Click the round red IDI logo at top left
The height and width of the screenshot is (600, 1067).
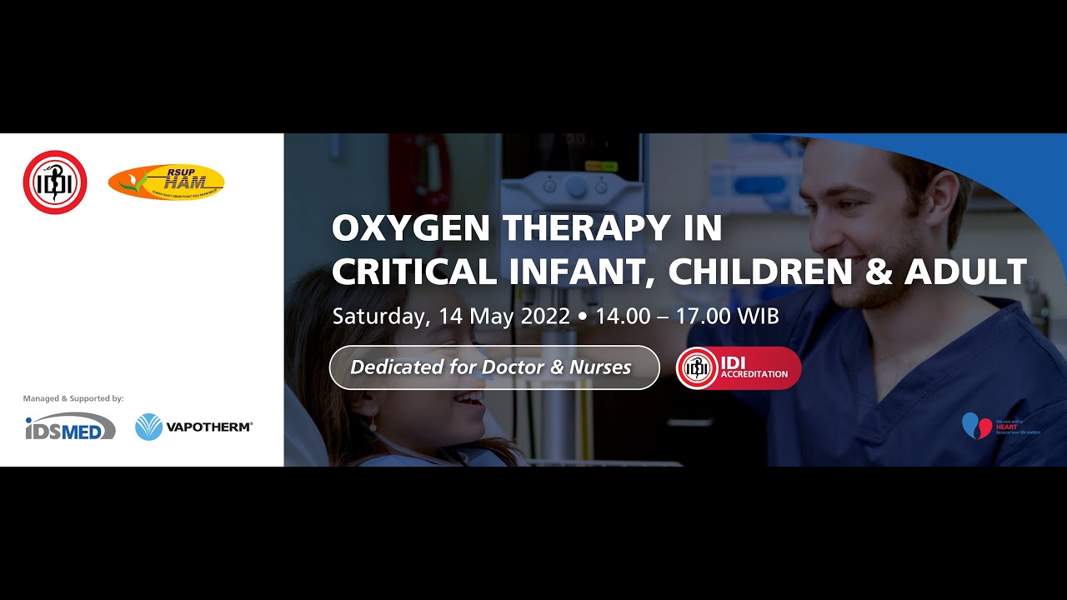click(x=55, y=182)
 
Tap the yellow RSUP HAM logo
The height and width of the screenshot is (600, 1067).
click(x=167, y=182)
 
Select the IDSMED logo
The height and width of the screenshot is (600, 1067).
click(x=70, y=427)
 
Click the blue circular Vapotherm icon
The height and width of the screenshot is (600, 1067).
click(x=148, y=427)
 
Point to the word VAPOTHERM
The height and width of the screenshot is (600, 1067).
click(x=209, y=427)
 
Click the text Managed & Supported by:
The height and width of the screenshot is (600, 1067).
click(x=73, y=398)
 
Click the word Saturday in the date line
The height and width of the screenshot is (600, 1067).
click(x=380, y=317)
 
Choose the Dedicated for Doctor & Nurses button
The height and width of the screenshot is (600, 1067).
click(x=494, y=367)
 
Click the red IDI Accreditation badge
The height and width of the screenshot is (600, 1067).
click(x=739, y=368)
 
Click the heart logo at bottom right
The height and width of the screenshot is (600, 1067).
click(x=977, y=425)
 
